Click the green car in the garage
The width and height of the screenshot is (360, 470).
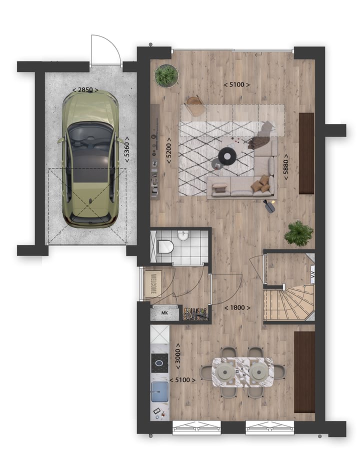coord(91,158)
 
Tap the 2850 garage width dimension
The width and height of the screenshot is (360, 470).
coord(85,90)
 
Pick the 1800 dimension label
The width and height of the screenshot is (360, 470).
coord(237,307)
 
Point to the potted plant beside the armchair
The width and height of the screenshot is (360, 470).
coord(166,75)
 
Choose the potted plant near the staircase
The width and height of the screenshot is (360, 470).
coord(299,232)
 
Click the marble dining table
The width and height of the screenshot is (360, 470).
coord(243,372)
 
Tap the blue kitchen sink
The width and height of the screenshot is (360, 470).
coord(160,390)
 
